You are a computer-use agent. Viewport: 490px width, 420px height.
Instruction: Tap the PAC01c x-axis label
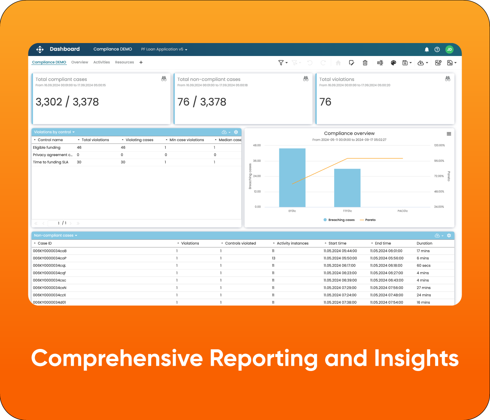point(402,211)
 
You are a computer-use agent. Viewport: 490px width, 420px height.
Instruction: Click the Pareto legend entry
point(370,220)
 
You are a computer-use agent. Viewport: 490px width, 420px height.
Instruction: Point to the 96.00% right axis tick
point(439,161)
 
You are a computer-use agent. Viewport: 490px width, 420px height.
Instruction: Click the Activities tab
point(101,62)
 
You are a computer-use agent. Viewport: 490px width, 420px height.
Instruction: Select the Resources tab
point(124,62)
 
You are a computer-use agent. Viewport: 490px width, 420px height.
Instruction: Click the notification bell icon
point(427,49)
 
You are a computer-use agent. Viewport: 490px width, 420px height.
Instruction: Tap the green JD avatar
point(449,49)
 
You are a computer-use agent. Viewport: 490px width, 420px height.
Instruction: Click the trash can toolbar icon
point(365,63)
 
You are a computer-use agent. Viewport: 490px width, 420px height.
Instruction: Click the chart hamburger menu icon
point(449,134)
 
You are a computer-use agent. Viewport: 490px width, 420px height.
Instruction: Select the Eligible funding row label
point(47,147)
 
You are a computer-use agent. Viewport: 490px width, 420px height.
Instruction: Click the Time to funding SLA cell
point(50,162)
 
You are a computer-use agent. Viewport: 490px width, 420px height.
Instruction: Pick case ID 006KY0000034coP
point(50,258)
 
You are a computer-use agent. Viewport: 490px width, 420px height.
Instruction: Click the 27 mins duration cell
point(423,288)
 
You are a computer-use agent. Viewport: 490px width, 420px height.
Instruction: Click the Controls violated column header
point(240,243)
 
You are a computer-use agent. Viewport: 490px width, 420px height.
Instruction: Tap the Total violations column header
point(95,140)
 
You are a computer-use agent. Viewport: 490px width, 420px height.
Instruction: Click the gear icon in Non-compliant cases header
point(449,236)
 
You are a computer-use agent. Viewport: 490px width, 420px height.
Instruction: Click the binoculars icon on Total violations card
point(447,79)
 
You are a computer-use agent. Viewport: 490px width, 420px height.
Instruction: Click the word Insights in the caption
point(416,358)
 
